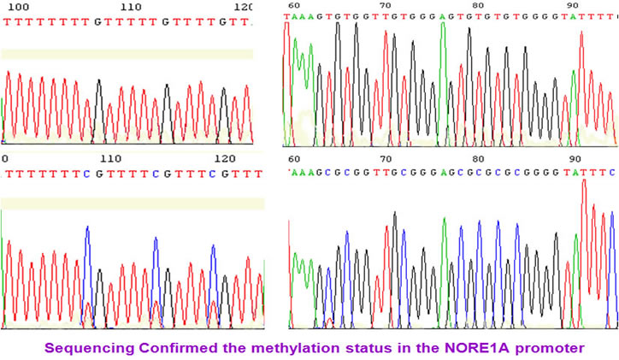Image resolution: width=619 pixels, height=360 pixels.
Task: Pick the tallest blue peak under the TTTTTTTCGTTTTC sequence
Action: tap(87, 229)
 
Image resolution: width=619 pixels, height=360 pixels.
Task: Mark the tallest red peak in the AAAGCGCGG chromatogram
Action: tap(584, 181)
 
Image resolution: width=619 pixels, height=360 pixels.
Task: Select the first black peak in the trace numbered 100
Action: tap(99, 82)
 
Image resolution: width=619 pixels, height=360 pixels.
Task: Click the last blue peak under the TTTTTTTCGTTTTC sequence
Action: tap(213, 245)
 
